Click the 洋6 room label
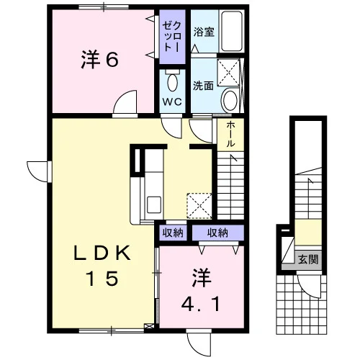point(100,60)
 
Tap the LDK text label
point(102,253)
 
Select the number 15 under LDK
point(103,278)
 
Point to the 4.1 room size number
point(201,304)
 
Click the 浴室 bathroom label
point(204,32)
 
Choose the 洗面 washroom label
point(204,86)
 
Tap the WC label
point(172,102)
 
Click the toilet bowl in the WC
point(173,82)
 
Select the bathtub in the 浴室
point(232,31)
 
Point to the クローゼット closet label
point(172,36)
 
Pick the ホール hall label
point(230,134)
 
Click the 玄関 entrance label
point(308,259)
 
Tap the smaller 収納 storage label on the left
point(173,233)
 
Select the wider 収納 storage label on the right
point(217,233)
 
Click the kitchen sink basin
point(154,204)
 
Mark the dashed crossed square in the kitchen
point(199,206)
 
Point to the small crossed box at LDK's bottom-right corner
point(149,326)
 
